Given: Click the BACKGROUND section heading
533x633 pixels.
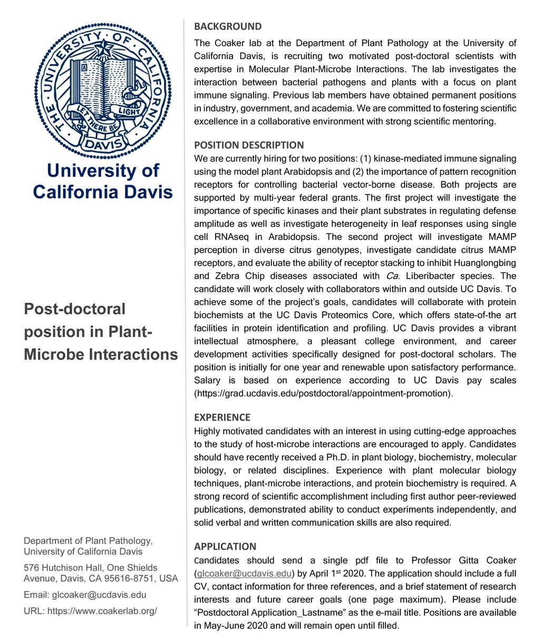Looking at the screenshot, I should point(228,26).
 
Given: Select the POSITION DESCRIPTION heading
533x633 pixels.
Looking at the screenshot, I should point(249,145).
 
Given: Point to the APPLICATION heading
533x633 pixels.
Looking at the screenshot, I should point(225,546).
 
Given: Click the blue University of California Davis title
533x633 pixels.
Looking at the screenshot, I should point(103,180).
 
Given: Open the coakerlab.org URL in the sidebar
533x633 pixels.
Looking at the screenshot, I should point(102,611).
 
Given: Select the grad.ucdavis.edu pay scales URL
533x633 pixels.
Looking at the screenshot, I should point(323,394).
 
